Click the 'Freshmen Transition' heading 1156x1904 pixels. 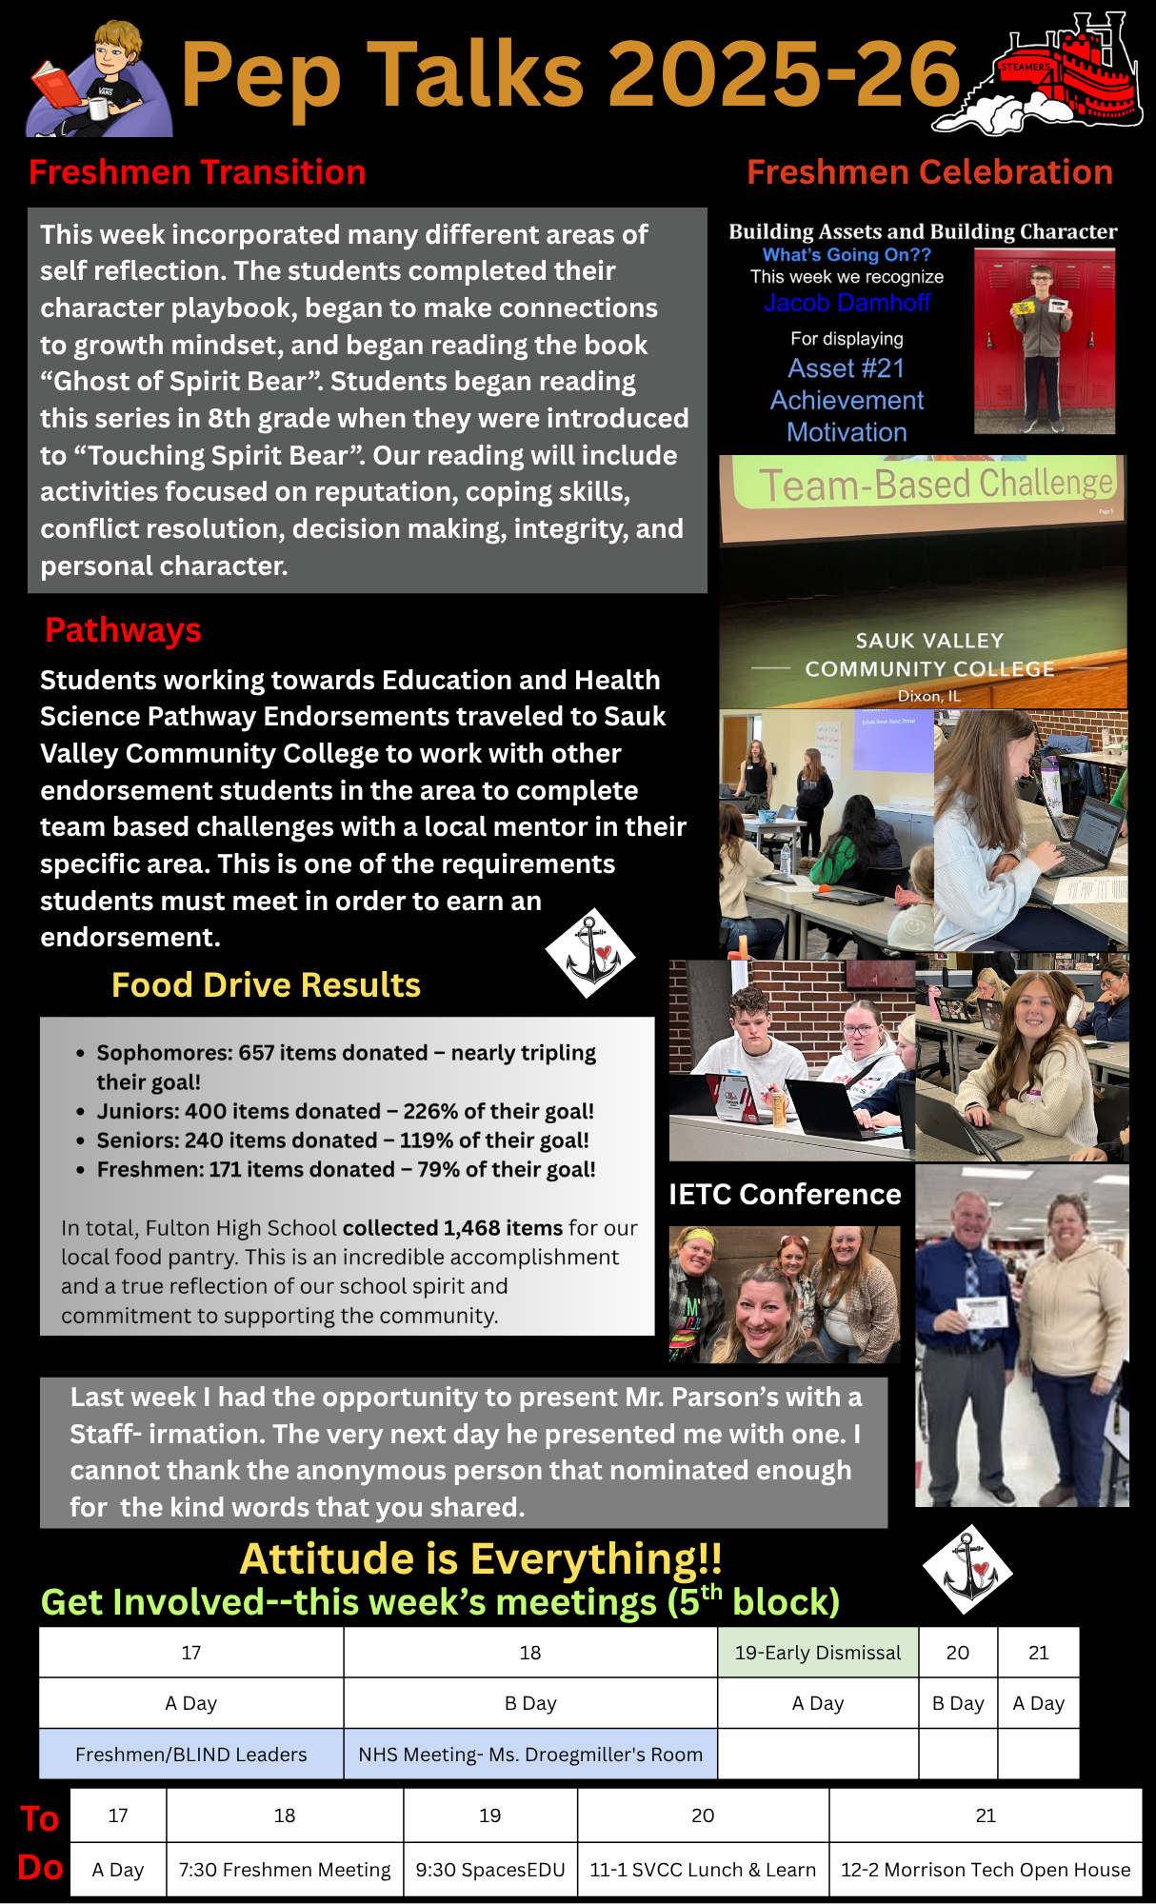click(x=197, y=172)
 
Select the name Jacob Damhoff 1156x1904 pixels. click(x=847, y=303)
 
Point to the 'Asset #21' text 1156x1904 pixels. click(x=846, y=368)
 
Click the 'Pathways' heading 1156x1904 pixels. click(x=123, y=630)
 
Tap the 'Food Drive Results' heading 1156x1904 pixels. click(x=266, y=984)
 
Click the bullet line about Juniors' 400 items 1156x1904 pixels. click(x=345, y=1111)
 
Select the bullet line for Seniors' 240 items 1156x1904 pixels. click(x=343, y=1140)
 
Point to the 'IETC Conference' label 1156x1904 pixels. click(x=785, y=1194)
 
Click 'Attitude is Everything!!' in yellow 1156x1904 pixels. click(x=481, y=1559)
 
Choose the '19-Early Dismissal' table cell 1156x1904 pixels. click(x=817, y=1653)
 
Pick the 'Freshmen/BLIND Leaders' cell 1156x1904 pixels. click(x=190, y=1755)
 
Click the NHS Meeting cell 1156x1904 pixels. click(x=530, y=1755)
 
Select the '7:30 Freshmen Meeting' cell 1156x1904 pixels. click(x=285, y=1870)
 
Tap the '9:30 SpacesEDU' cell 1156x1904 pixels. click(x=489, y=1870)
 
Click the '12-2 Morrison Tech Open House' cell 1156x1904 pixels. click(x=986, y=1870)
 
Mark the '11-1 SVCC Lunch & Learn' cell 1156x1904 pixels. click(x=703, y=1870)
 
